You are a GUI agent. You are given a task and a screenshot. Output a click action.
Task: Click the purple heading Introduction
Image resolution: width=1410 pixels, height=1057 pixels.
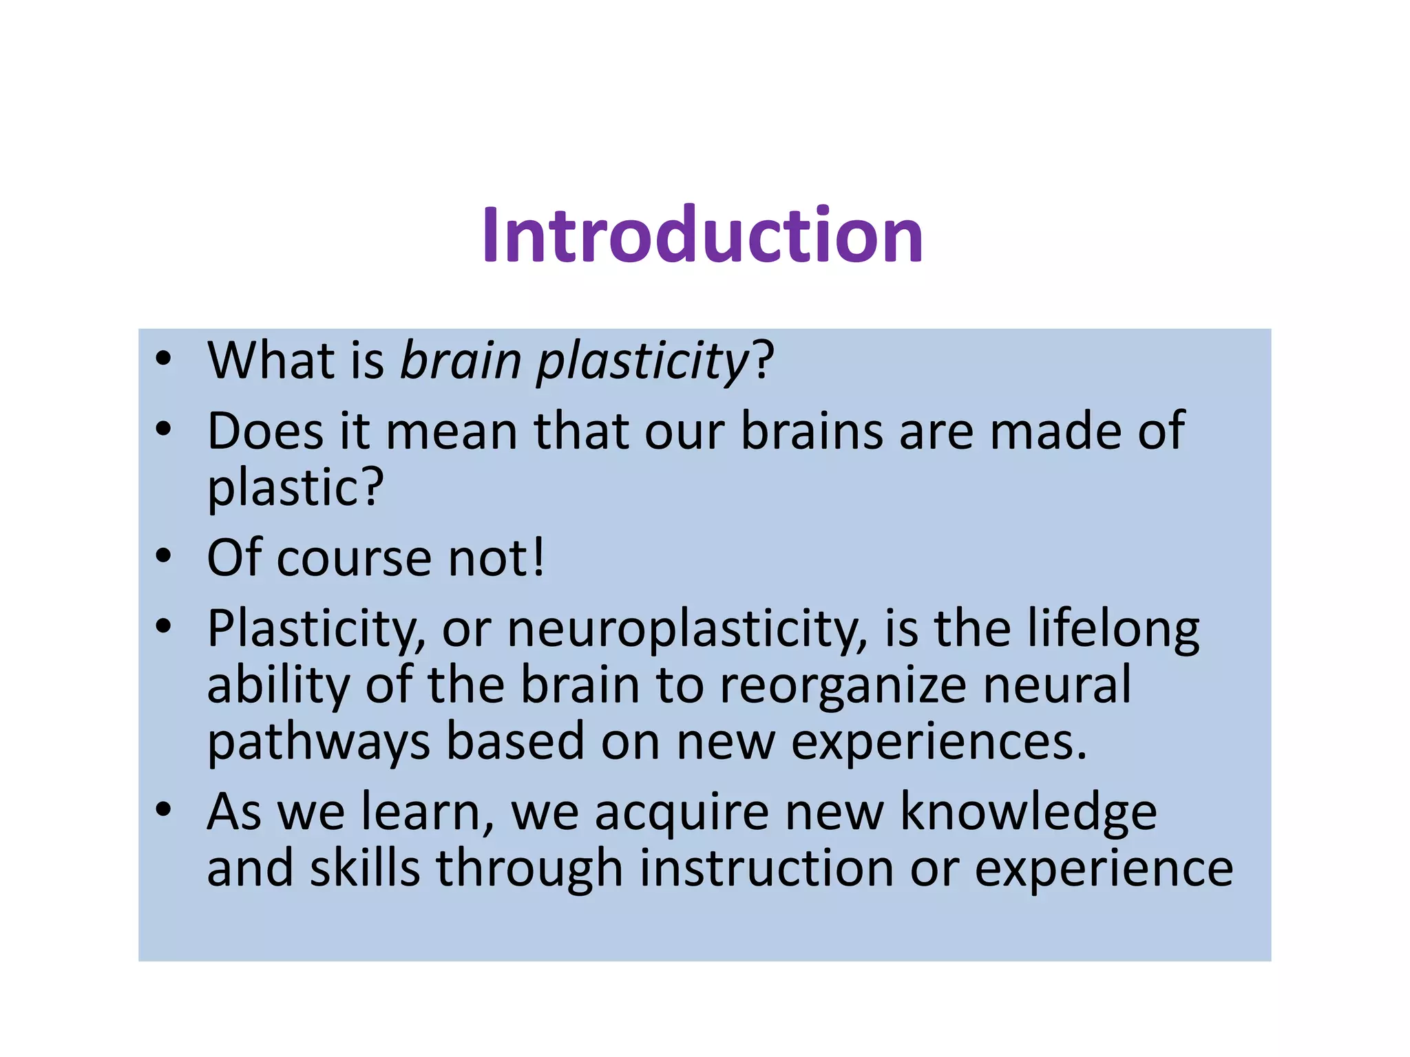click(702, 235)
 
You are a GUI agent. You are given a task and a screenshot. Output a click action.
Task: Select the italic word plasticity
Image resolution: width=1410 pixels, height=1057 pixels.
click(642, 361)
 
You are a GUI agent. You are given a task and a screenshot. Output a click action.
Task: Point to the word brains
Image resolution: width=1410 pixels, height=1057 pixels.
click(812, 431)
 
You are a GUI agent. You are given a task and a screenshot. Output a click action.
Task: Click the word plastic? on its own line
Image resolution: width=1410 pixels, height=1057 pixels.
click(295, 487)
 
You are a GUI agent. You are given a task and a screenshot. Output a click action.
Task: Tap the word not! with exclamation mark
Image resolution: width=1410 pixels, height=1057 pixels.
click(496, 557)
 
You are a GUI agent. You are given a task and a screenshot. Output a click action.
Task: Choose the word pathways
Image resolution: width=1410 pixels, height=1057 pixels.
click(319, 743)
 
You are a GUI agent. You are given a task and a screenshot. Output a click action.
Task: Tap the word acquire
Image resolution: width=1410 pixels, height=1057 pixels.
click(681, 813)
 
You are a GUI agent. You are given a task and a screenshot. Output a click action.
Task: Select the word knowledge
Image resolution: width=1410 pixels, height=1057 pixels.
click(1029, 813)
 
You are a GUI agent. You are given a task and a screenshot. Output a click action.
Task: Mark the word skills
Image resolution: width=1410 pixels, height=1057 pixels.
click(365, 868)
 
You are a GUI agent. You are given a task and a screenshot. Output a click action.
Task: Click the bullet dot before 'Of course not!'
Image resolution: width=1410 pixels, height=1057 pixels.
click(163, 556)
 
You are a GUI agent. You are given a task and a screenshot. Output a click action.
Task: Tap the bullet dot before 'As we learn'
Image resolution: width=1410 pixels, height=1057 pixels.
click(163, 810)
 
